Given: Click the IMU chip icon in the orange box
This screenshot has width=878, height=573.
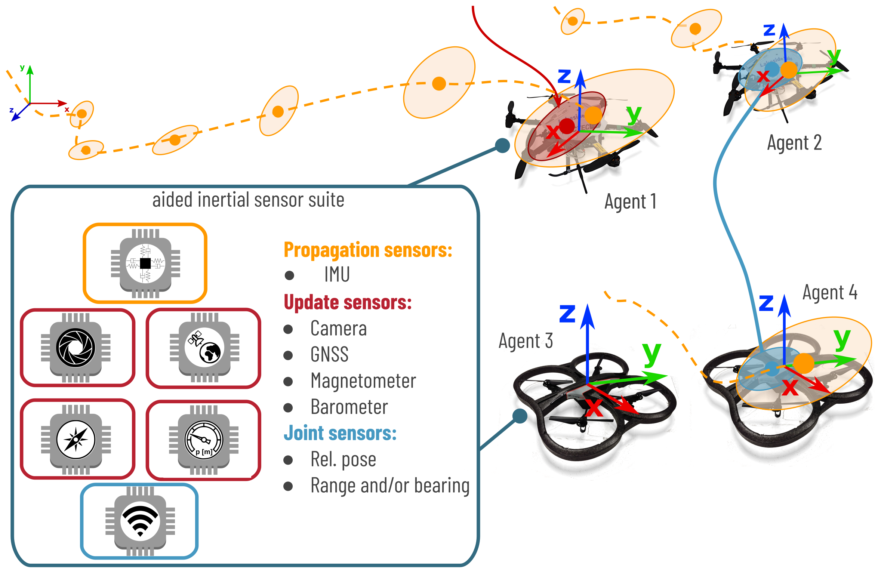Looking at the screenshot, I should point(145,264).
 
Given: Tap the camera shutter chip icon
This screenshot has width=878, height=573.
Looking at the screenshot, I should point(76,348).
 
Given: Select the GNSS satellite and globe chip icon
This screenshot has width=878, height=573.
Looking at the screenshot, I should point(204,348).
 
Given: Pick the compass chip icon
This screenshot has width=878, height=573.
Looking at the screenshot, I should point(76,440).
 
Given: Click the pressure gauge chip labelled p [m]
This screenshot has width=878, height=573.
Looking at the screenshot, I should point(204,440).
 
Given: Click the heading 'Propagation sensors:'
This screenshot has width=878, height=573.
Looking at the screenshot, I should point(368,250).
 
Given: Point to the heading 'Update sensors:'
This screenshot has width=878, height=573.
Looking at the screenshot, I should point(347,302).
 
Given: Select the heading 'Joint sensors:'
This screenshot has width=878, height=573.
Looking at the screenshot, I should point(340,433).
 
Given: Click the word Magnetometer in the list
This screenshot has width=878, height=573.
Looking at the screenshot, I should point(363,381).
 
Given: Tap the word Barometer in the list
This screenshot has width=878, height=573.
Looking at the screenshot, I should point(349,407).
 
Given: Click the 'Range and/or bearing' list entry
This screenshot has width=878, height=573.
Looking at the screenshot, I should point(390,486).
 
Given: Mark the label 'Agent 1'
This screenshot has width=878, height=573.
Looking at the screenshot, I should point(630,202).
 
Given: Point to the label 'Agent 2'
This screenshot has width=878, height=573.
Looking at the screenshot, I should point(794,143).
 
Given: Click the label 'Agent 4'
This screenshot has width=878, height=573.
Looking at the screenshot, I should point(830,292).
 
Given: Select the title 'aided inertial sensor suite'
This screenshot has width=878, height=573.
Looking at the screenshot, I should point(248,200).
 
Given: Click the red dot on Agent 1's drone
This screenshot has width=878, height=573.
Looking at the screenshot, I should point(567,126).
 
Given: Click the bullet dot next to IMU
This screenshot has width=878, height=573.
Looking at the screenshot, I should point(289,275).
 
